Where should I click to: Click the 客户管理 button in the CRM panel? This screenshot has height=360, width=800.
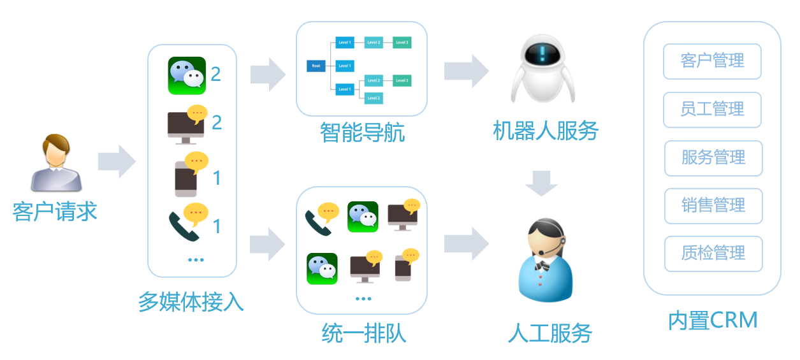pyautogui.click(x=712, y=61)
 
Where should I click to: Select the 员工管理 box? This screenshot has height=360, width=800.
pyautogui.click(x=712, y=110)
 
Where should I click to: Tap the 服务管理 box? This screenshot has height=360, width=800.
pyautogui.click(x=713, y=157)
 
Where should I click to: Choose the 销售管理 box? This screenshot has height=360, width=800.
pyautogui.click(x=713, y=206)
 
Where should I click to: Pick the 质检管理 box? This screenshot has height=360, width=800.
pyautogui.click(x=713, y=254)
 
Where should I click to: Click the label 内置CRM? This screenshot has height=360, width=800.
pyautogui.click(x=712, y=320)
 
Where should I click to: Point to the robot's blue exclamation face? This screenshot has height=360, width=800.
pyautogui.click(x=542, y=52)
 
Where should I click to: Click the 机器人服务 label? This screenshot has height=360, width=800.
pyautogui.click(x=546, y=131)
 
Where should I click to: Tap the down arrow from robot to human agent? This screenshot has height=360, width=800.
pyautogui.click(x=542, y=183)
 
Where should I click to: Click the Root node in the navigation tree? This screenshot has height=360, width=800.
pyautogui.click(x=316, y=66)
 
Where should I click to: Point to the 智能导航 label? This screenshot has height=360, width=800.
pyautogui.click(x=361, y=133)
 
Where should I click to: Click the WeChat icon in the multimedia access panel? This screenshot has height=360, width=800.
pyautogui.click(x=186, y=75)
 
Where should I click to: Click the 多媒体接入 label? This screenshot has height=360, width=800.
pyautogui.click(x=191, y=301)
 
